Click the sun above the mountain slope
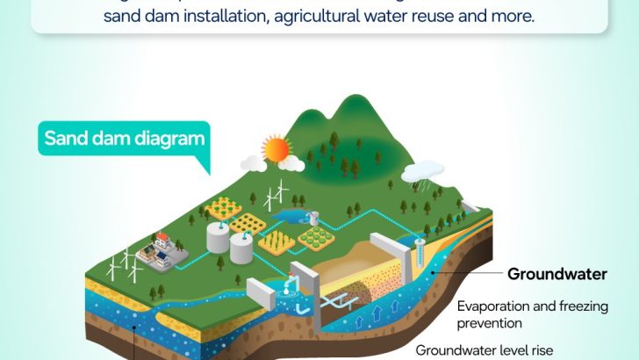[278, 149]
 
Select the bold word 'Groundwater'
[556, 274]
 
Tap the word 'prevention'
[488, 323]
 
